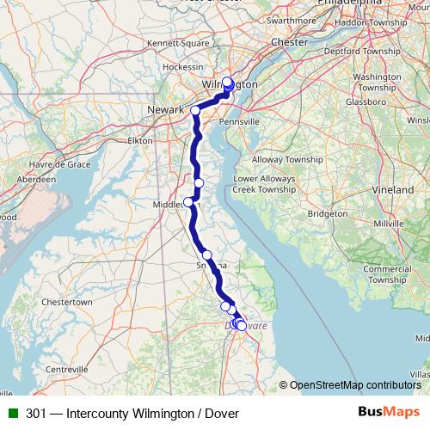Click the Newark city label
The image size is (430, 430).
(166, 110)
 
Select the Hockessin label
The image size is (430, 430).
(182, 66)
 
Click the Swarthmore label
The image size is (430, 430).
(292, 20)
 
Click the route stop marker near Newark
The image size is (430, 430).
(195, 111)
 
